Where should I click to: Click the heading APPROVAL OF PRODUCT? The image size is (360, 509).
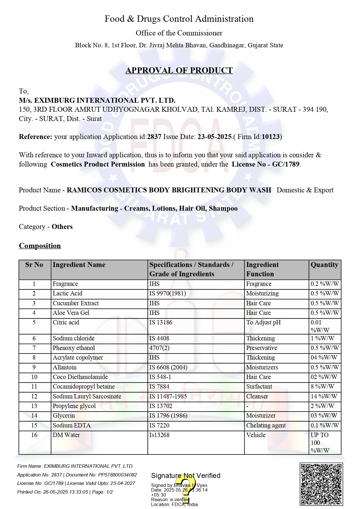tap(179, 71)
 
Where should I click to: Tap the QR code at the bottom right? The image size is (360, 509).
tap(321, 484)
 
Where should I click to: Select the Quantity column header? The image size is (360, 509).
tap(324, 265)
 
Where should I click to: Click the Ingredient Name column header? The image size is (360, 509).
tap(79, 265)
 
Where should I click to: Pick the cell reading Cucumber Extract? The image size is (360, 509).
tap(76, 303)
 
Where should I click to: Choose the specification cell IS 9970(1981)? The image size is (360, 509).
tap(168, 293)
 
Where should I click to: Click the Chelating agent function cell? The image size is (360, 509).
tap(266, 425)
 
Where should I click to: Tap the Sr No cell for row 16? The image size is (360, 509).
tap(34, 435)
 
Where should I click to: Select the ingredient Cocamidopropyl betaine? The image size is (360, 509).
tap(84, 387)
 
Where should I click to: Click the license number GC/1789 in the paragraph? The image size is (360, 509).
tap(285, 164)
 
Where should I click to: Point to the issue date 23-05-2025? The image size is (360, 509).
tap(214, 137)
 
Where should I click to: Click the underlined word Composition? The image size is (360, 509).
tap(40, 246)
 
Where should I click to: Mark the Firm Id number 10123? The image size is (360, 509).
tap(271, 137)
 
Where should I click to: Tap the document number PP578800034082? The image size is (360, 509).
tap(117, 475)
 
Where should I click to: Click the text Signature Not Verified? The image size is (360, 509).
tap(186, 476)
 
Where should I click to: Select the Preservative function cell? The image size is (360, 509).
tap(262, 348)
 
